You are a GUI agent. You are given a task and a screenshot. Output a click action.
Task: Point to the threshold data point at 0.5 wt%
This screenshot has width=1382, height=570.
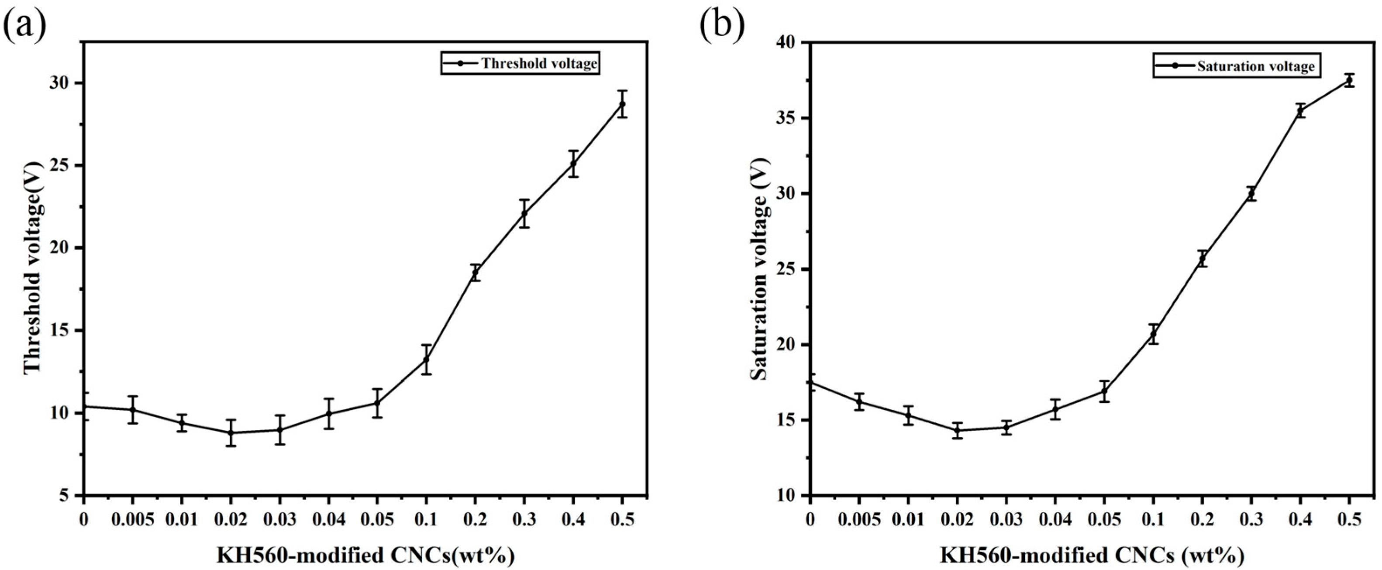[x=622, y=104]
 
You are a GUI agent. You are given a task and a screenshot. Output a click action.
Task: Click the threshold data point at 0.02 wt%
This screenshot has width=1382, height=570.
[x=231, y=432]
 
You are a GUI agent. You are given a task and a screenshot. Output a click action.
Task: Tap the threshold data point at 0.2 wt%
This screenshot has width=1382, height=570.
[x=475, y=273]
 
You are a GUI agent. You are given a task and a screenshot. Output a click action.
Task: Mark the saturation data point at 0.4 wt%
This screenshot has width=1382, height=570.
[x=1300, y=111]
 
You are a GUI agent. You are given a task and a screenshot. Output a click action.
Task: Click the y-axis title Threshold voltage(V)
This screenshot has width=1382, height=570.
[x=33, y=267]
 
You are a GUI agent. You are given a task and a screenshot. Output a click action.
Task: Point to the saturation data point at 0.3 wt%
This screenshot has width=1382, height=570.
[x=1251, y=194]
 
